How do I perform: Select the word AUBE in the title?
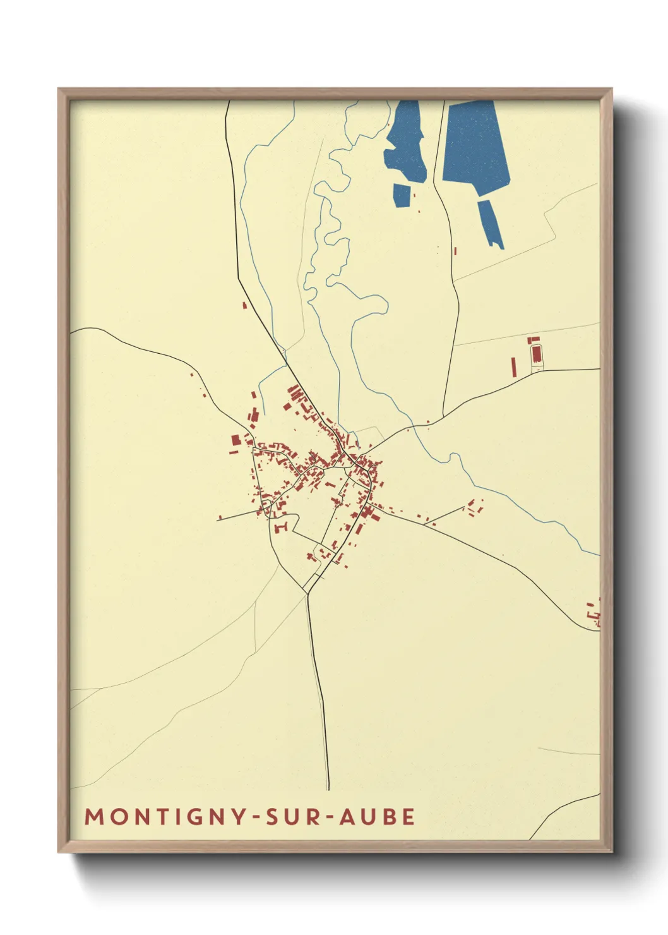click(x=378, y=816)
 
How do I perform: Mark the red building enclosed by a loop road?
click(x=537, y=354)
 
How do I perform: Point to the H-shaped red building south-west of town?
click(x=282, y=526)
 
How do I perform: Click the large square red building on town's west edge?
click(x=235, y=440)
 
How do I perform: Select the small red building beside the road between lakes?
click(x=455, y=251)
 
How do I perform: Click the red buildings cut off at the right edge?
click(x=594, y=613)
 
